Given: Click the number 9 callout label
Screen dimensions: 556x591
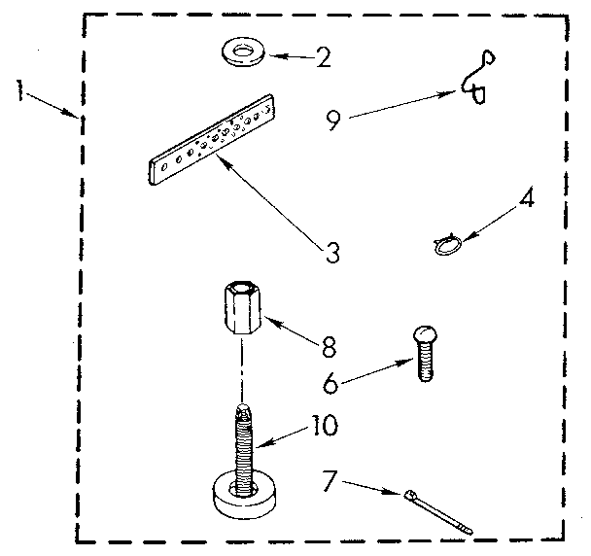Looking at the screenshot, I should tap(333, 120).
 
